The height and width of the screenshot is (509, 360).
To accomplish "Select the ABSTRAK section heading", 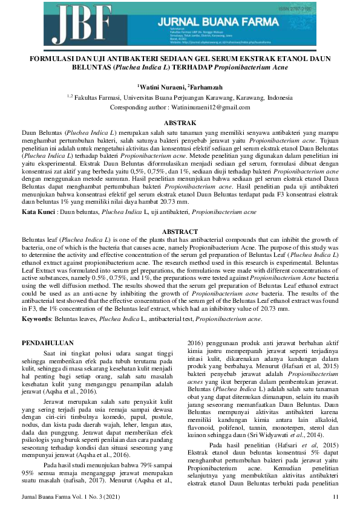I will (x=180, y=122).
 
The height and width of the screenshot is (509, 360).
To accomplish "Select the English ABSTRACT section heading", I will (x=180, y=232).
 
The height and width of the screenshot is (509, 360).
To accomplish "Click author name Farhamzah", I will (x=206, y=88).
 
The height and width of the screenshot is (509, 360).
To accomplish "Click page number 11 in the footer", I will (x=336, y=496).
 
